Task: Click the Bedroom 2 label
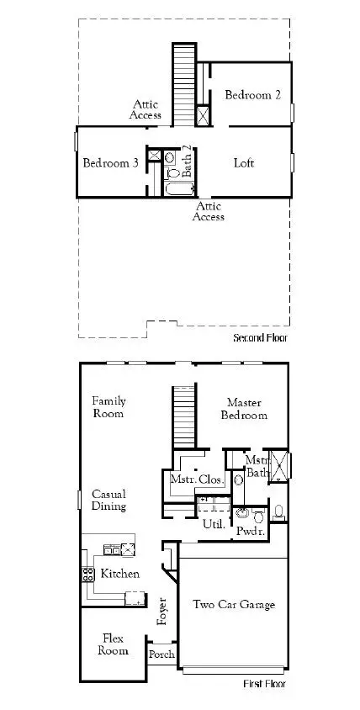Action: click(252, 95)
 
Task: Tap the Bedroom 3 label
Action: click(110, 162)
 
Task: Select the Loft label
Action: click(244, 162)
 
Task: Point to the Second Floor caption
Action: click(260, 338)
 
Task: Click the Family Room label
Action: click(109, 407)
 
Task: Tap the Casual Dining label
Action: click(109, 501)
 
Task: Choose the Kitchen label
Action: click(120, 574)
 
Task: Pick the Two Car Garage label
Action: click(233, 604)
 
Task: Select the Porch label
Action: click(161, 654)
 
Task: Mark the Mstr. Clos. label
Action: click(191, 480)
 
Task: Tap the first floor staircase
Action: click(183, 417)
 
